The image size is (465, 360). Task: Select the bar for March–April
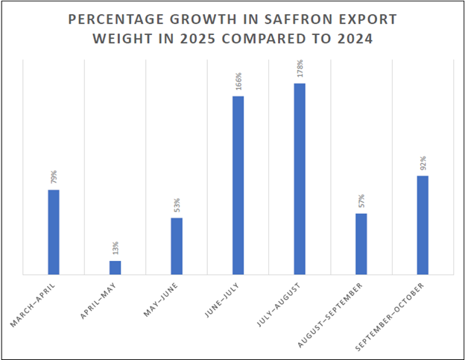54,232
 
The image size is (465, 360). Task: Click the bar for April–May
115,268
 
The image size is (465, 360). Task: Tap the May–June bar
177,246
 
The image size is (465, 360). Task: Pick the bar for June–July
238,185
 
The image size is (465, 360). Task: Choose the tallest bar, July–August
300,179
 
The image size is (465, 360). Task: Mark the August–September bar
361,244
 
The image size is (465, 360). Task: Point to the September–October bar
423,225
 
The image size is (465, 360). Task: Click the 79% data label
54,177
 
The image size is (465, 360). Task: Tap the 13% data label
116,249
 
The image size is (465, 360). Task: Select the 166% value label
238,82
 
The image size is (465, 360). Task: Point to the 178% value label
300,69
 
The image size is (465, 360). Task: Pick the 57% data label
361,202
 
